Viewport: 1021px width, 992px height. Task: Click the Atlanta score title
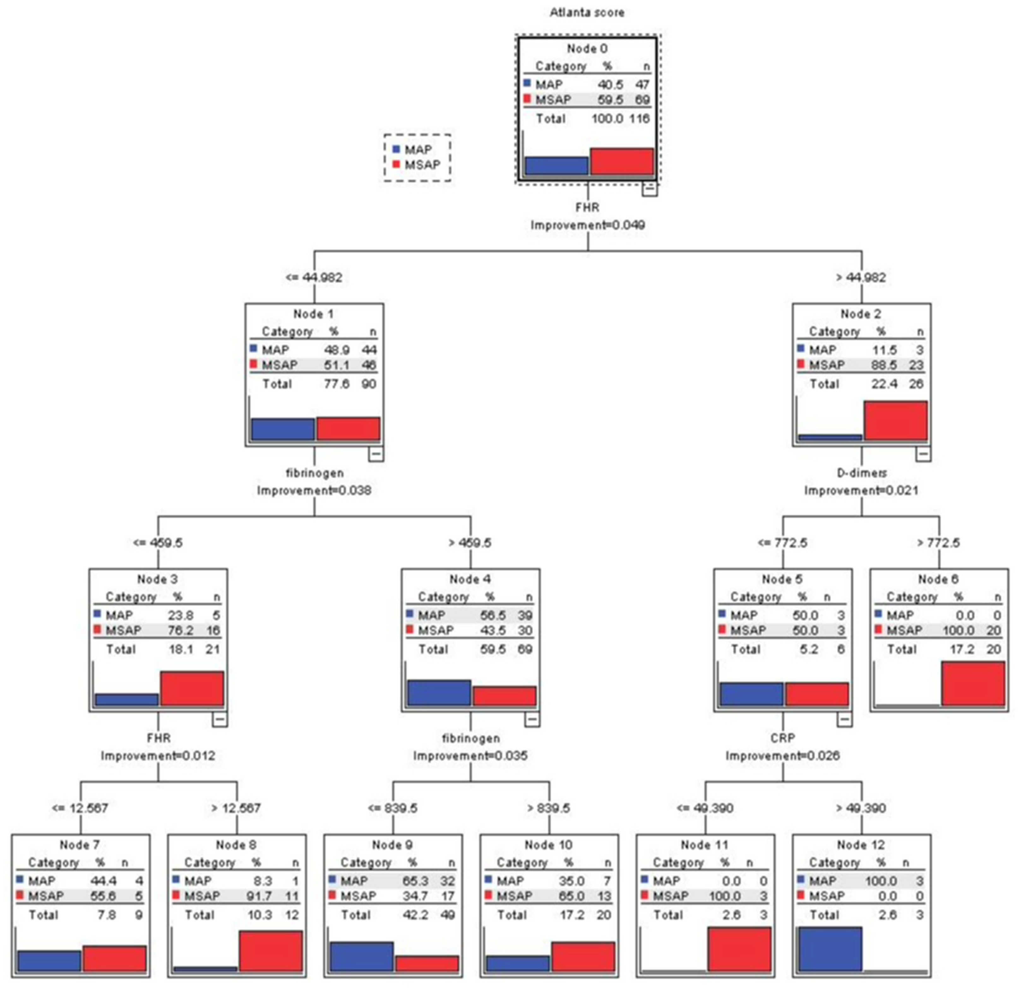pyautogui.click(x=587, y=13)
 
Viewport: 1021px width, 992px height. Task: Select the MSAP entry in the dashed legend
pyautogui.click(x=422, y=164)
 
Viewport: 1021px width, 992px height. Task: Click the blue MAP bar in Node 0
pyautogui.click(x=556, y=166)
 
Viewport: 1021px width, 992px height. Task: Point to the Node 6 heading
pyautogui.click(x=938, y=579)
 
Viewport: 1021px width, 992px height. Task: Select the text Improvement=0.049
pyautogui.click(x=588, y=225)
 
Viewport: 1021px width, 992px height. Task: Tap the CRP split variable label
pyautogui.click(x=782, y=738)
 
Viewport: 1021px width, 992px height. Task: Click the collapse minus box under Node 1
pyautogui.click(x=376, y=454)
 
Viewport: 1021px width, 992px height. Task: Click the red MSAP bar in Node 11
pyautogui.click(x=739, y=949)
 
